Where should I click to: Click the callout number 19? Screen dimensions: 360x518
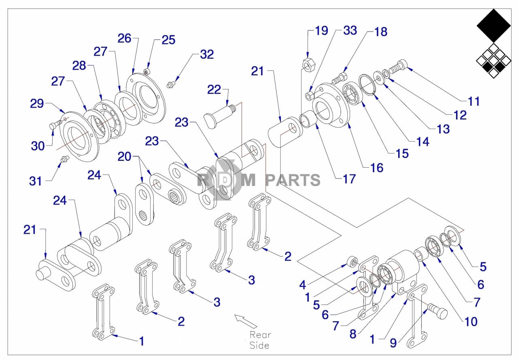click(x=321, y=31)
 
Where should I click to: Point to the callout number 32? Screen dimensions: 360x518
click(x=206, y=55)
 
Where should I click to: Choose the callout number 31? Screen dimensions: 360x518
click(x=36, y=181)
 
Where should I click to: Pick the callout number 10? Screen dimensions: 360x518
click(x=471, y=322)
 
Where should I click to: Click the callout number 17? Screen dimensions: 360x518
click(x=349, y=179)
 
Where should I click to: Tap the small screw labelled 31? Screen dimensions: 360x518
click(x=63, y=160)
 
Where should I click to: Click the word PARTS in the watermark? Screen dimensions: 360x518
click(x=293, y=179)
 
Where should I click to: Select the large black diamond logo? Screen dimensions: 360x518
click(x=493, y=26)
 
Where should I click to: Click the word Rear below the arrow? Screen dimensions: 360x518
click(x=260, y=335)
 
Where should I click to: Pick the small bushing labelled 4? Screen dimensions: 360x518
click(x=352, y=261)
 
